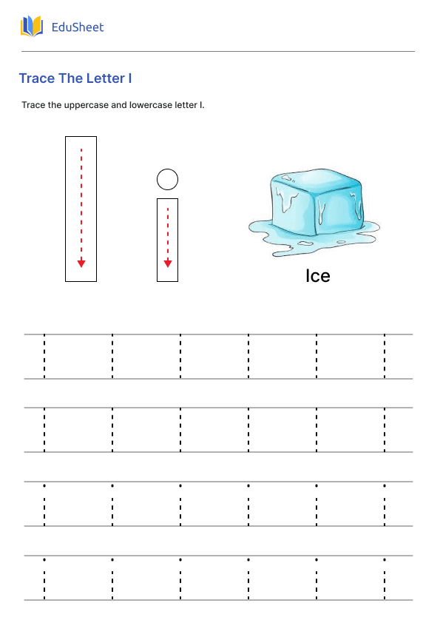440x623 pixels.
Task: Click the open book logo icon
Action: tap(32, 26)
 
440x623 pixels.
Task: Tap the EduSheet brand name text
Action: tap(78, 27)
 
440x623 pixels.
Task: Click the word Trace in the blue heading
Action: tap(37, 78)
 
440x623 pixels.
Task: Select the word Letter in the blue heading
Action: tap(106, 78)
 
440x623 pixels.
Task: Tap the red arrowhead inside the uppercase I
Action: tap(81, 263)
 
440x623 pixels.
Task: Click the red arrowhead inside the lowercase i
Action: tap(168, 263)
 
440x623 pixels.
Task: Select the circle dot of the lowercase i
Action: tap(168, 179)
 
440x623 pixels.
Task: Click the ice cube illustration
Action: tap(314, 212)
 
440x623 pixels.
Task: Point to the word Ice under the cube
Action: tap(318, 276)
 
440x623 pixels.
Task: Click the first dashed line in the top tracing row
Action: tap(44, 357)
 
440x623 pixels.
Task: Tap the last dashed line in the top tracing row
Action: tap(385, 357)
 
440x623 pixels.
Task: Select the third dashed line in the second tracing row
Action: tap(180, 429)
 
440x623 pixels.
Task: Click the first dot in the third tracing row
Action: tap(44, 485)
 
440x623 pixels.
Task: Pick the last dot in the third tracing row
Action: tap(385, 485)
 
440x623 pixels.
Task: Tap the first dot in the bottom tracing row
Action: tap(44, 559)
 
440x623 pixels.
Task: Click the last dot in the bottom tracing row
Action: tap(385, 559)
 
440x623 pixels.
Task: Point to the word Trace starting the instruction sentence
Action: tap(33, 105)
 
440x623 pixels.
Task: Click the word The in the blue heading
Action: tap(71, 78)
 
